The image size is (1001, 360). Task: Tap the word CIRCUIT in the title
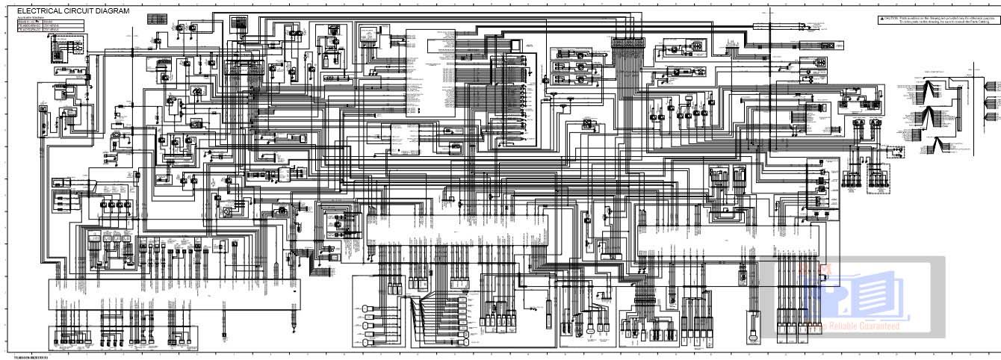coord(78,11)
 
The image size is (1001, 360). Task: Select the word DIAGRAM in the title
coord(112,11)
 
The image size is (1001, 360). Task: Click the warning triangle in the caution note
coord(881,17)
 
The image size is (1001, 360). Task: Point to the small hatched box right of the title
coord(157,19)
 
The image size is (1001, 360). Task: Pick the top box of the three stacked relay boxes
coord(572,55)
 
